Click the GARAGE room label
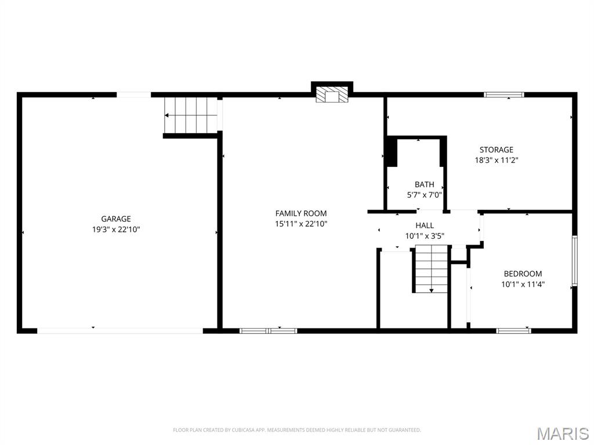pos(116,219)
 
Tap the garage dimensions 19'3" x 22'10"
pos(116,229)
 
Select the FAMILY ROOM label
pos(301,213)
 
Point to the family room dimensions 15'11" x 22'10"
pos(301,224)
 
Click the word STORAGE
pos(496,150)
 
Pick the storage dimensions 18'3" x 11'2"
pos(496,161)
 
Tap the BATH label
pos(424,185)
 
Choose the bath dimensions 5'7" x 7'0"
pos(424,195)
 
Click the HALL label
pos(424,225)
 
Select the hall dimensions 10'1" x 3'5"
pos(424,236)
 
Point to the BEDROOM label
pos(523,274)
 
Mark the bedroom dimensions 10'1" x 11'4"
pos(523,284)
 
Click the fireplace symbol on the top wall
pos(332,96)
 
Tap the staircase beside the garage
pos(191,115)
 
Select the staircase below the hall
pos(432,269)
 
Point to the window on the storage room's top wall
pos(504,94)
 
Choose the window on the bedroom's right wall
pos(575,260)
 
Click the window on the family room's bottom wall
pos(269,331)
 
